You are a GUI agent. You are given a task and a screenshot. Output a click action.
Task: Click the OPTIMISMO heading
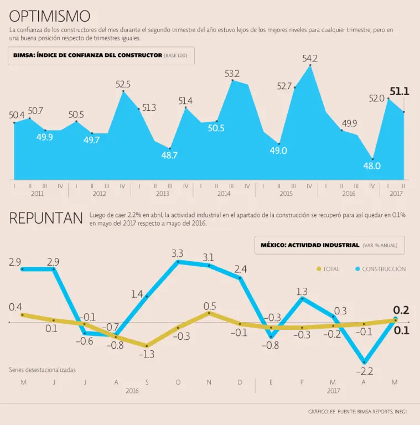[50, 15]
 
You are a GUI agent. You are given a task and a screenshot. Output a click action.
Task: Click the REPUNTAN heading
[46, 219]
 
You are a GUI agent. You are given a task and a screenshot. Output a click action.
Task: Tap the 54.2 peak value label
[310, 58]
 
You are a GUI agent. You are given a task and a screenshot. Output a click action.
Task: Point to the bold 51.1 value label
[399, 92]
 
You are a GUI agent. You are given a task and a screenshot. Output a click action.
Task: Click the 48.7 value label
[169, 156]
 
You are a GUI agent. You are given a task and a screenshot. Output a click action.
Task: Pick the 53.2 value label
[232, 73]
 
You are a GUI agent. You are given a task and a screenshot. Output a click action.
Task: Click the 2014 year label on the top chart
[224, 194]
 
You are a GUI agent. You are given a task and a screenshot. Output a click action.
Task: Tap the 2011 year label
[37, 194]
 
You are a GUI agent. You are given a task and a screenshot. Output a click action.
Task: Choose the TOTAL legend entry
[328, 269]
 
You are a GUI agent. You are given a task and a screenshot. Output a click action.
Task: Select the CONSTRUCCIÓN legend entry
[380, 269]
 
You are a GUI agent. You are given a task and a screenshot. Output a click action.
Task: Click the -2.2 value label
[364, 371]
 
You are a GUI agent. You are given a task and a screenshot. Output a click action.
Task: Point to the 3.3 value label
[178, 253]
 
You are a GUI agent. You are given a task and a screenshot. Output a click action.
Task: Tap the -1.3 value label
[147, 354]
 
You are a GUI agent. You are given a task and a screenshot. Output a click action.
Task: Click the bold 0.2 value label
[401, 310]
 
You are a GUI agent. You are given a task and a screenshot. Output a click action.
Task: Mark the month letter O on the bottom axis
[178, 382]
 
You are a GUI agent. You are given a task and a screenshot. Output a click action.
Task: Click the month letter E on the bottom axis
[271, 382]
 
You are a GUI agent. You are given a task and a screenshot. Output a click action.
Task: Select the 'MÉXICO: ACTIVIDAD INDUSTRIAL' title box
[329, 245]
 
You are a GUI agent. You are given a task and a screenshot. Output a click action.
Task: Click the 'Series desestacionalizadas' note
[42, 369]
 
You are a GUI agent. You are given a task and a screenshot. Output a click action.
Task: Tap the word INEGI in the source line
[400, 412]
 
